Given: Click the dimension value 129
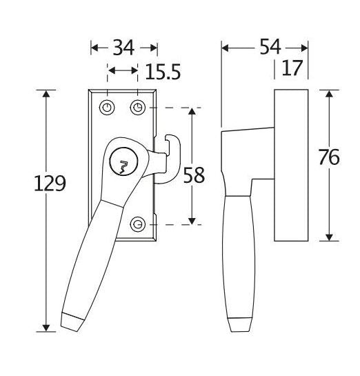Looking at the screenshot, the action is (50, 184).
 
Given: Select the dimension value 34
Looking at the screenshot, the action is (123, 48).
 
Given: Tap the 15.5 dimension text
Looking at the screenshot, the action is (163, 72).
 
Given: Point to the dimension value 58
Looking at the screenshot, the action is (194, 175).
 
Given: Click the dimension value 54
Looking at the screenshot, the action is (270, 47).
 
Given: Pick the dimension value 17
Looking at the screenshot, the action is (292, 68).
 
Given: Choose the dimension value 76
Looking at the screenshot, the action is (329, 157).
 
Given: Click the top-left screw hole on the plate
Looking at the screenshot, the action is (107, 107).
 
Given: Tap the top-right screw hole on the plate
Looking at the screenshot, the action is (137, 107).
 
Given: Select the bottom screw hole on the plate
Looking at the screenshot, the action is (137, 224).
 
